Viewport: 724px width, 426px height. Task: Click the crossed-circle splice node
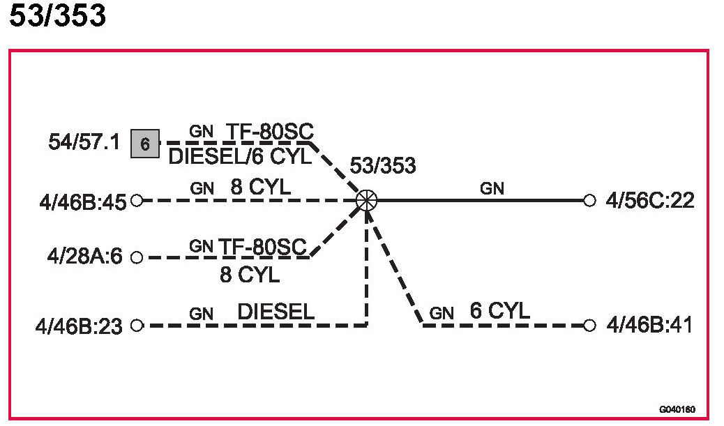366,201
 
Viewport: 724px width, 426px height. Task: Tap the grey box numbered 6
144,144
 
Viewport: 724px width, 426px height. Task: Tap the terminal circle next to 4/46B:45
137,201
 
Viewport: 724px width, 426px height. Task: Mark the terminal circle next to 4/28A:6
137,257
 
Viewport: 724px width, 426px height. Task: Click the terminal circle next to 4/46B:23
137,325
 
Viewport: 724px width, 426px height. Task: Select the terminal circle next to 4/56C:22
590,201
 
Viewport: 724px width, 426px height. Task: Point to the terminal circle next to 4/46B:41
590,325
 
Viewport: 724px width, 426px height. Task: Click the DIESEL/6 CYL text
240,157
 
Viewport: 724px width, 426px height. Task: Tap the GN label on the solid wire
492,188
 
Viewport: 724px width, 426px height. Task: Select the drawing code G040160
677,410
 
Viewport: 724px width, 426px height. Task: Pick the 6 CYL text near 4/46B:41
499,311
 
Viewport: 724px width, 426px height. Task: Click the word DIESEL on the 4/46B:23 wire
276,312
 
